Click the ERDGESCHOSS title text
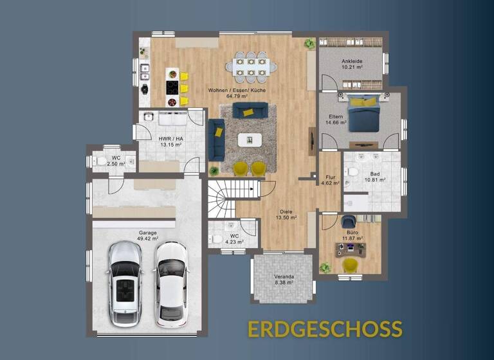click(x=325, y=328)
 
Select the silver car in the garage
click(x=124, y=283)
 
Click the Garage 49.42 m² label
click(x=148, y=235)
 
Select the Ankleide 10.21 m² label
click(x=353, y=63)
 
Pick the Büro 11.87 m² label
click(x=351, y=235)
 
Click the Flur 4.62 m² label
click(x=330, y=180)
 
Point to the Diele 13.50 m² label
click(x=286, y=214)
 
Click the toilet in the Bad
click(x=352, y=170)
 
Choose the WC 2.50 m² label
click(x=116, y=161)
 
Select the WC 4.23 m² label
click(x=235, y=240)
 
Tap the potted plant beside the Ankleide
click(x=310, y=44)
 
